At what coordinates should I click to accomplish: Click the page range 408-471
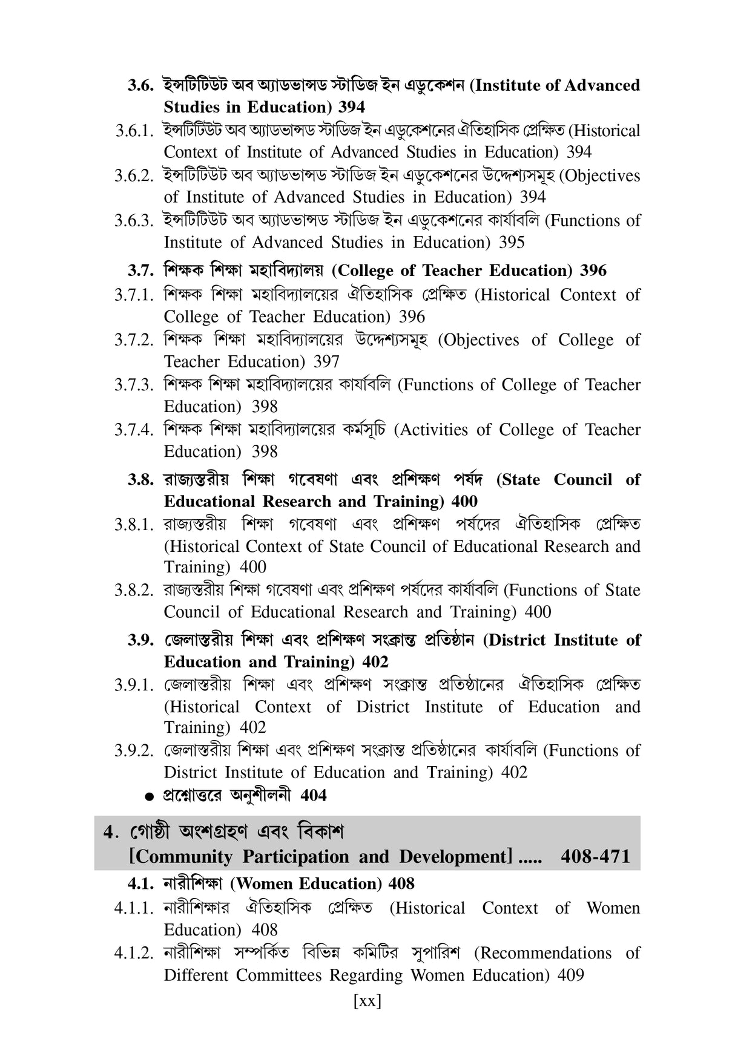click(595, 857)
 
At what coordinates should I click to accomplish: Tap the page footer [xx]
click(367, 1001)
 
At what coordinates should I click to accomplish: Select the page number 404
click(313, 796)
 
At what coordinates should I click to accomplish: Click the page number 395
click(512, 243)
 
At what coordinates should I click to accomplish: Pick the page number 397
click(326, 362)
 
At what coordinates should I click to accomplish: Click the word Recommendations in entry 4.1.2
click(542, 954)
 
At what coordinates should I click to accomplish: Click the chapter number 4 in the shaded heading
click(109, 833)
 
